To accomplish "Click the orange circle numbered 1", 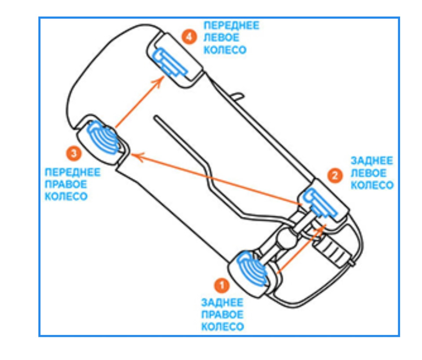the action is click(x=222, y=285).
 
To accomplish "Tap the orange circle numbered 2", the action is click(x=335, y=176).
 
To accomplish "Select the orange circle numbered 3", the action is click(x=74, y=154).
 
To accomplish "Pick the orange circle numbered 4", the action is click(x=189, y=37).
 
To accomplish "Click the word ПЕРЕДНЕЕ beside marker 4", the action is click(x=232, y=26).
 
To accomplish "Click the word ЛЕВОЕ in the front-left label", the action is click(x=222, y=38).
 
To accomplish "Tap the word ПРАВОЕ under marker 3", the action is click(x=66, y=184).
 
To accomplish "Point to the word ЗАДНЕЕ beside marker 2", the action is click(x=372, y=161).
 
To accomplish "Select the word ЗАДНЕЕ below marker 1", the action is click(x=222, y=302).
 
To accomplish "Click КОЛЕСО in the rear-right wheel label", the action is click(x=223, y=327).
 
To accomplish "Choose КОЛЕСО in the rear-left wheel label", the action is click(x=372, y=185).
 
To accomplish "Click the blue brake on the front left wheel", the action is click(x=169, y=62).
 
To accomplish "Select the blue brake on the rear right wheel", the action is click(x=252, y=268).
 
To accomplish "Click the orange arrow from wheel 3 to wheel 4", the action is click(x=140, y=102).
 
